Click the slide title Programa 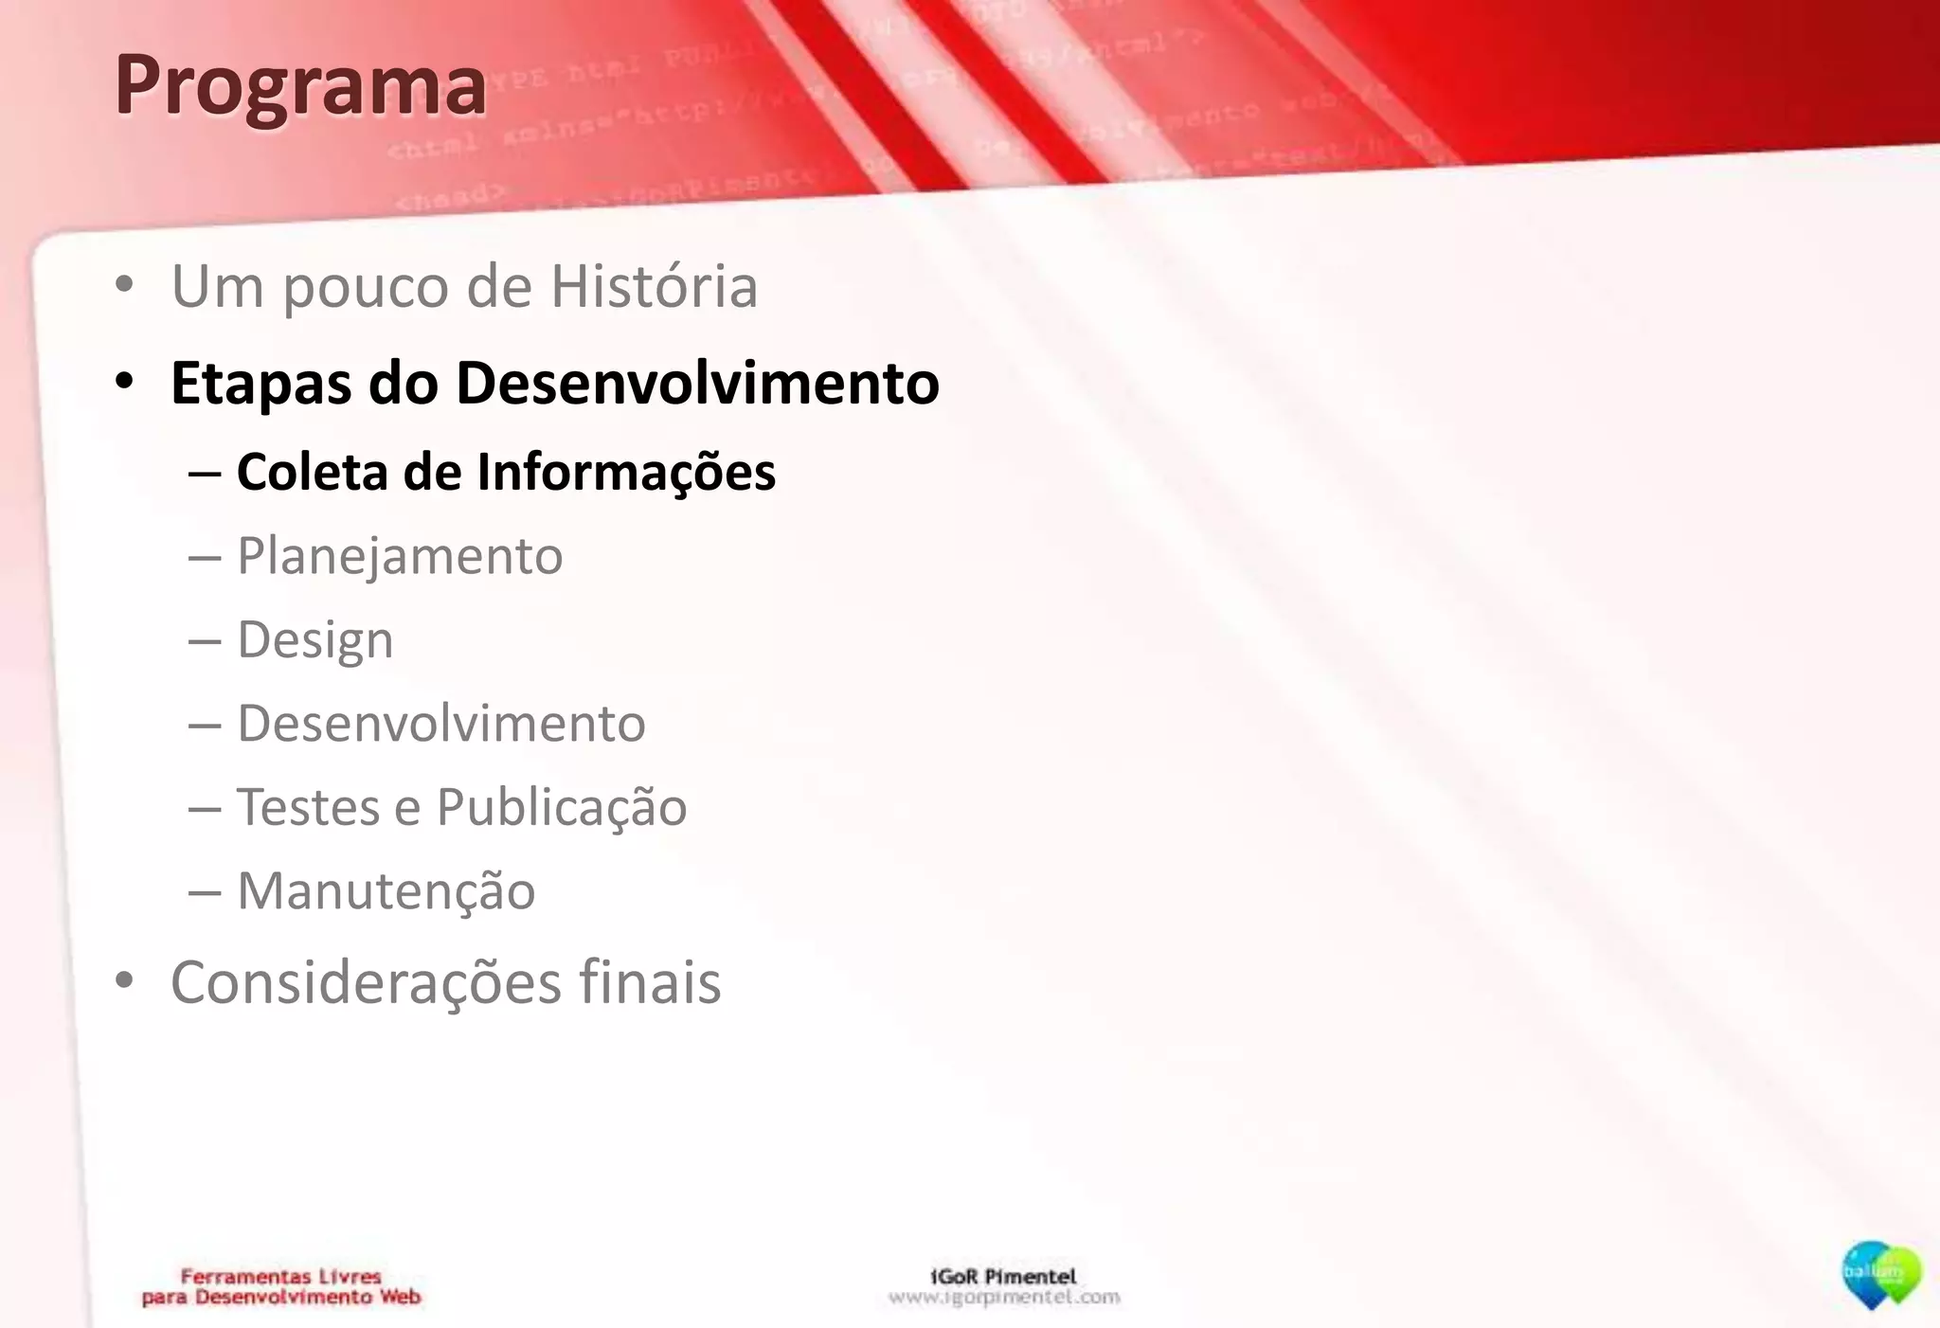point(300,85)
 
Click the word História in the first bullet point(654,286)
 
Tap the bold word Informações point(625,472)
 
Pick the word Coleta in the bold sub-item point(312,472)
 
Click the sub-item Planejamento point(400,556)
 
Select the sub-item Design point(314,640)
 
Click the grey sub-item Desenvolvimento point(440,724)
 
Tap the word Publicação point(561,808)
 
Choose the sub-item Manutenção point(386,891)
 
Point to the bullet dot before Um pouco point(124,285)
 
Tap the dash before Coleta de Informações point(205,472)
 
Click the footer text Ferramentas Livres point(280,1276)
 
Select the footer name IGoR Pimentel point(1003,1276)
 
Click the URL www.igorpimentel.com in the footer point(1003,1297)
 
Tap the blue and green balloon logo point(1880,1275)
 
